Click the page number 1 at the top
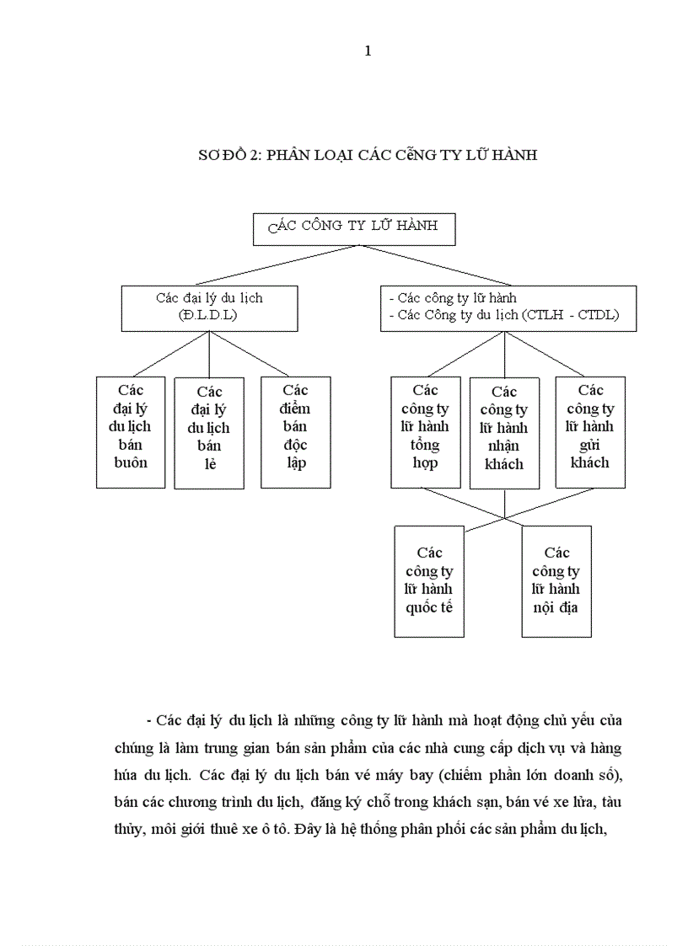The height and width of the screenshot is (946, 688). tap(368, 51)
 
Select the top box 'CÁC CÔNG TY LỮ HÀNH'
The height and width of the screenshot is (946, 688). tap(353, 228)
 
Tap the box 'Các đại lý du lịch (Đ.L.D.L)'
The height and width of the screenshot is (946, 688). tap(209, 307)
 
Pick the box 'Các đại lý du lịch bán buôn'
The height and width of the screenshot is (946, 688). tap(131, 431)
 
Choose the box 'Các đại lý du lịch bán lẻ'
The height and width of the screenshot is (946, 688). tap(209, 433)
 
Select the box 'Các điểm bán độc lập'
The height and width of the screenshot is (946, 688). tap(295, 431)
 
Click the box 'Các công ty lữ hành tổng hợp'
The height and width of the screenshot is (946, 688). tap(426, 431)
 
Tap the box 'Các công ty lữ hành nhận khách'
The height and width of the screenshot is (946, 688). tap(504, 433)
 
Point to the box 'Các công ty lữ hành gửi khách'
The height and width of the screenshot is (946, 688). tap(590, 431)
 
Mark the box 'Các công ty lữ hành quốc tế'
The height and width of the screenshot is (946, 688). tap(429, 581)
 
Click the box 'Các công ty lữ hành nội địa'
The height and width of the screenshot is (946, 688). tap(556, 581)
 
